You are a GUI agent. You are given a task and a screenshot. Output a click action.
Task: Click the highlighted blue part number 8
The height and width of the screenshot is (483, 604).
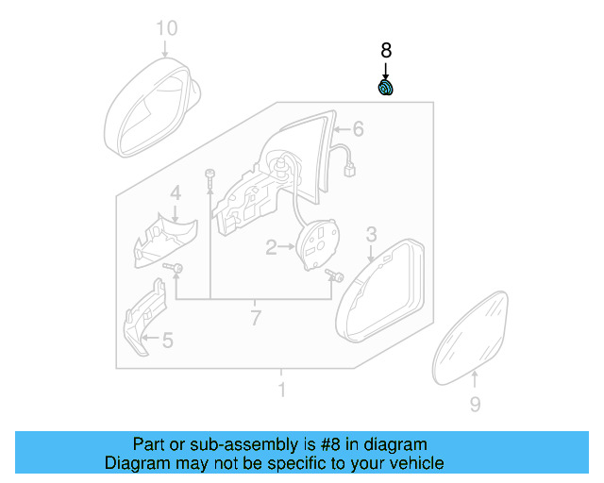[x=386, y=89]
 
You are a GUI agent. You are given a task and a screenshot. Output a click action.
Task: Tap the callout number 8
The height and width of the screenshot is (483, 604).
[x=385, y=51]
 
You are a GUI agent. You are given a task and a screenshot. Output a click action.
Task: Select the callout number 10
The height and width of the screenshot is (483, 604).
[x=166, y=28]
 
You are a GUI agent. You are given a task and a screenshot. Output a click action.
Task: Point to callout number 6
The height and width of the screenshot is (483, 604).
[x=358, y=128]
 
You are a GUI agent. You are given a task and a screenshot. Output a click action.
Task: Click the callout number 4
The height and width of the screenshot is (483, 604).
[x=176, y=193]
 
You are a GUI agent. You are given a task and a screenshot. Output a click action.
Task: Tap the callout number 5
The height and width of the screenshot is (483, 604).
[x=167, y=340]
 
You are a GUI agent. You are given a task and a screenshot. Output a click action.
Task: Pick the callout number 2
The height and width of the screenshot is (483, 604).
[x=271, y=248]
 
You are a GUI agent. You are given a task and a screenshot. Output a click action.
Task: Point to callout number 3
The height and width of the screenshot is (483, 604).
[x=371, y=233]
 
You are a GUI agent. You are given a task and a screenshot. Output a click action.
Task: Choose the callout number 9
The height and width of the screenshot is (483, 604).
[x=475, y=405]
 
